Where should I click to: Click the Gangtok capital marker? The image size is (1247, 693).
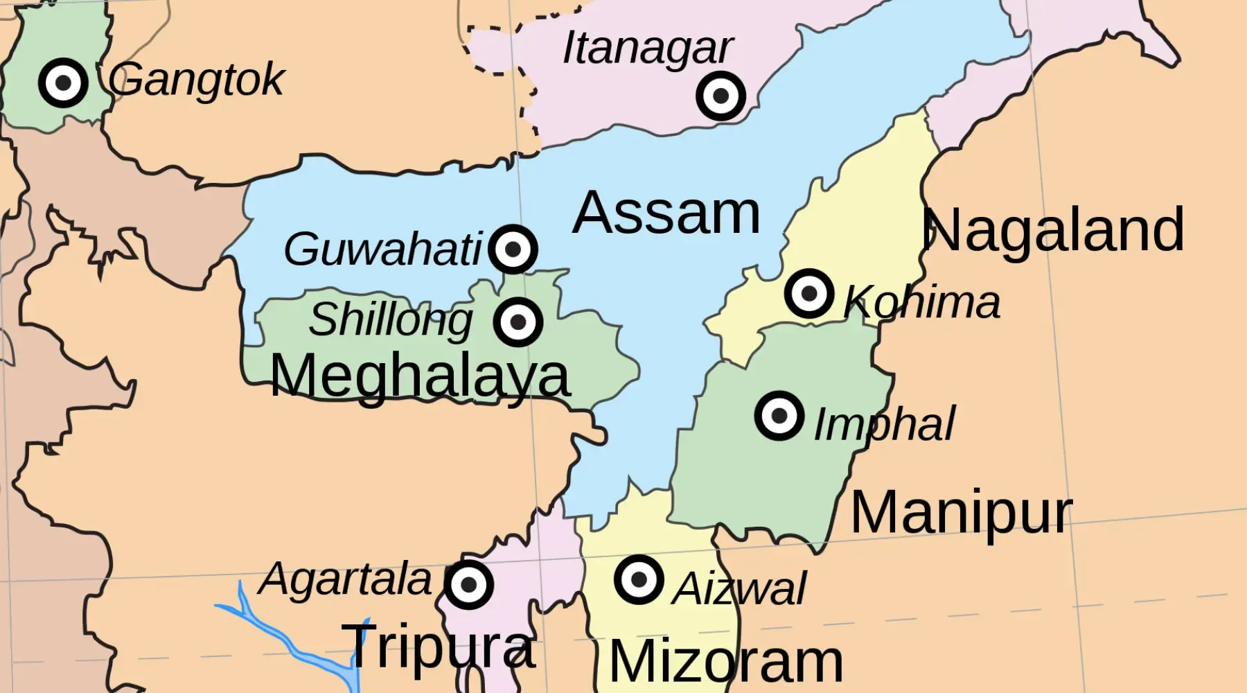point(63,82)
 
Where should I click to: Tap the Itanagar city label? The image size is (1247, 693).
point(647,48)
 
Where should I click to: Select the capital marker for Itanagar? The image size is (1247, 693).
point(720,96)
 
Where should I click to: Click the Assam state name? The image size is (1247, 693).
point(666,213)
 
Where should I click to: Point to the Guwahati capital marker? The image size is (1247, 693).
point(513,249)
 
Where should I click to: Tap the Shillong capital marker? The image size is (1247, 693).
point(518,322)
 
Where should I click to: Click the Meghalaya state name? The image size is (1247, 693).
point(420,376)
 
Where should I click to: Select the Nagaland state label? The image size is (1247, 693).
point(1052,230)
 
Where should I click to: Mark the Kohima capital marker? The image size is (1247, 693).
point(808,293)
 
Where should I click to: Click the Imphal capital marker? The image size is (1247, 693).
point(779,416)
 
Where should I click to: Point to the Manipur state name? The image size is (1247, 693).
point(961,513)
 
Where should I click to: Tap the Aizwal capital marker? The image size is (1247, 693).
point(639,579)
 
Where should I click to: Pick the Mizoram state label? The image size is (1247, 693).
point(726,663)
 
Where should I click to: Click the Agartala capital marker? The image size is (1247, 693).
point(469,584)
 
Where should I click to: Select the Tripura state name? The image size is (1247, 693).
point(439,646)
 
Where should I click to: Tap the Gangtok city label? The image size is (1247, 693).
point(196,80)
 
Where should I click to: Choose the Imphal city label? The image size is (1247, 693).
point(884,424)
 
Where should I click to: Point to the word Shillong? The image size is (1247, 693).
point(391,320)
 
